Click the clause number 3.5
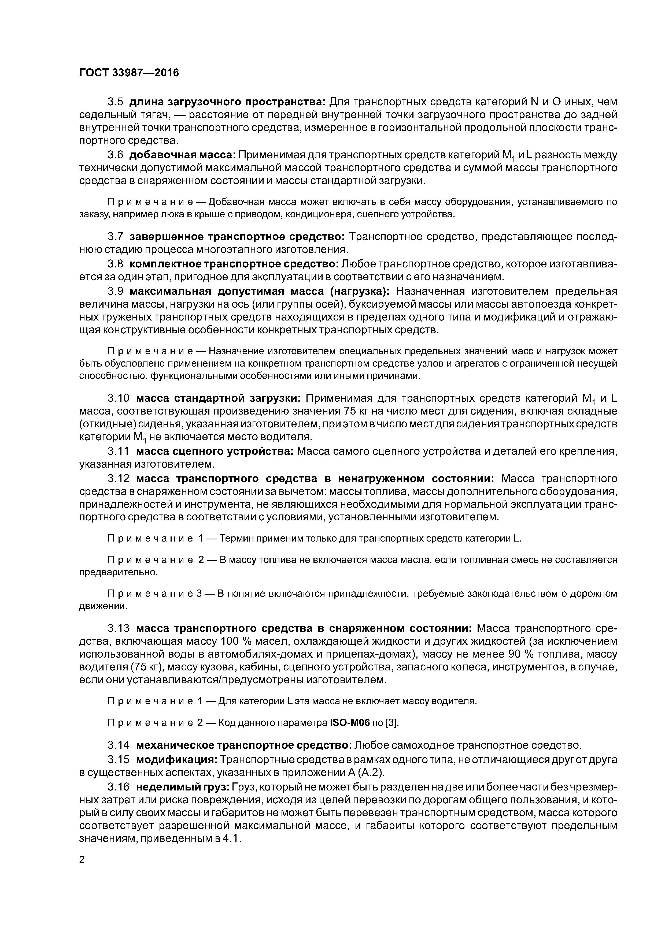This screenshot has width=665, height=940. [116, 102]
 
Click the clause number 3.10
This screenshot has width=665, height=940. [119, 398]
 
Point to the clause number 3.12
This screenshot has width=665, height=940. [119, 479]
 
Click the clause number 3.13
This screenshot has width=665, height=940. [119, 628]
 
